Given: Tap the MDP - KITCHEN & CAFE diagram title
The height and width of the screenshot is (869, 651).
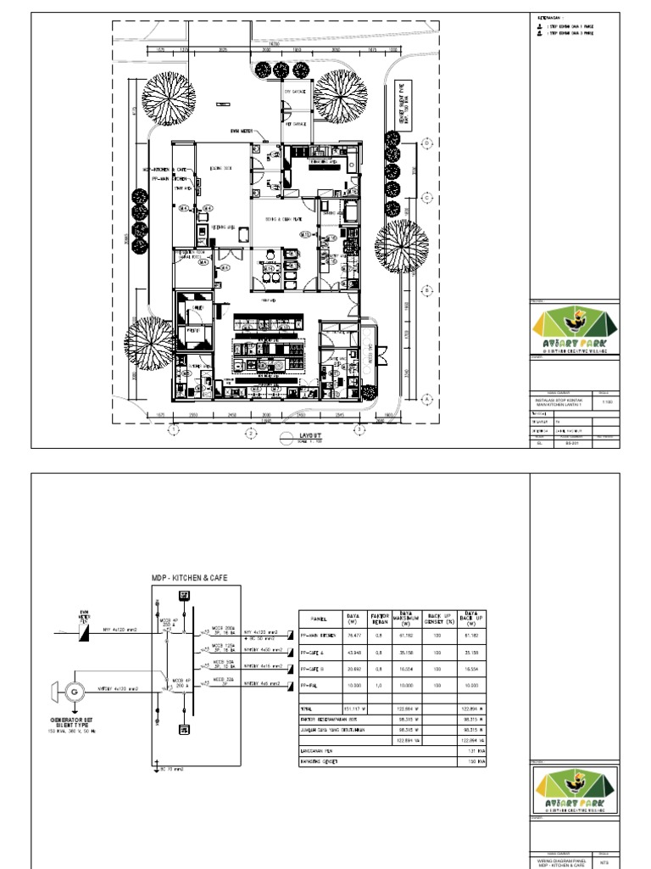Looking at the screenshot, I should pos(190,578).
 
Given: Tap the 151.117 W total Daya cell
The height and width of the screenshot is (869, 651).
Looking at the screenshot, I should pos(352,708).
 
